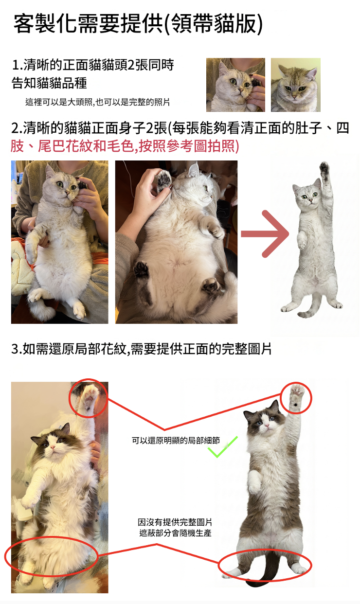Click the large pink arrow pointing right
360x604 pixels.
(x=266, y=234)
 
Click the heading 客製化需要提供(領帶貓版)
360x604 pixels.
(x=138, y=24)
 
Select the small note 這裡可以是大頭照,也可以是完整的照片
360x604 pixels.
(x=98, y=102)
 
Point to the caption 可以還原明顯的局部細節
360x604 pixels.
(x=176, y=441)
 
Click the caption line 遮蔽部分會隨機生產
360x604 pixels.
(x=175, y=533)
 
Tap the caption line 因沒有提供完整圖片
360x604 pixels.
(x=175, y=522)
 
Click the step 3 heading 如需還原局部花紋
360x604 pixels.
(x=71, y=349)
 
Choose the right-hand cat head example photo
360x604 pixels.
(x=296, y=85)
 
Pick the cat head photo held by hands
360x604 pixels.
(x=235, y=85)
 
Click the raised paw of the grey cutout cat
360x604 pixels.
(x=324, y=169)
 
